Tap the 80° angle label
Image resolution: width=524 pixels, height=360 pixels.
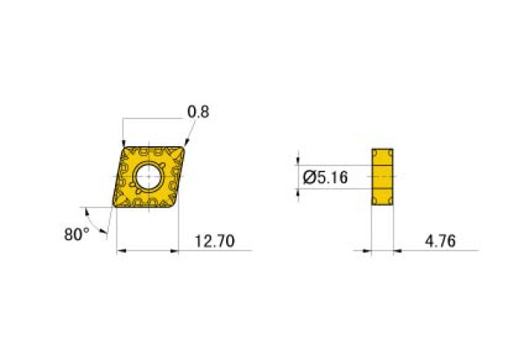(77, 234)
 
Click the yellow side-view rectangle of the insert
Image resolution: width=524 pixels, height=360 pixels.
(382, 178)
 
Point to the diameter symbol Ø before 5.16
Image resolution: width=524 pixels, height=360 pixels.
(308, 178)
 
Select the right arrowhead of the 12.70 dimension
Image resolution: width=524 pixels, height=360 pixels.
(175, 251)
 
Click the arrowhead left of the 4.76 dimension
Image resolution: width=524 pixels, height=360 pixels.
(368, 251)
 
